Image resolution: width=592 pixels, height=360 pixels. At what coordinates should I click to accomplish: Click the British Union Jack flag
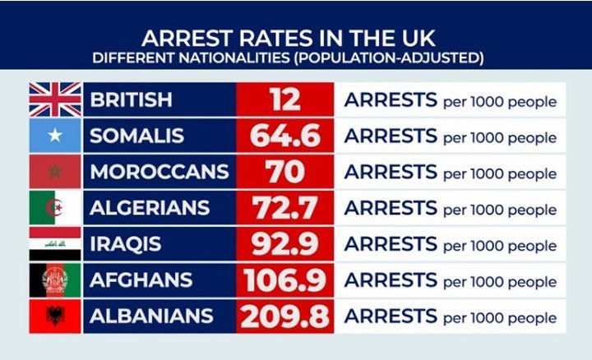55,99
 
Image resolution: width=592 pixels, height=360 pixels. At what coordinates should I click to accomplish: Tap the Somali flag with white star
55,136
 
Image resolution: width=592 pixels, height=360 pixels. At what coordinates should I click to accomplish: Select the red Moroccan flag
55,172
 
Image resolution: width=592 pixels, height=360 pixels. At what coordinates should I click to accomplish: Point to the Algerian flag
55,208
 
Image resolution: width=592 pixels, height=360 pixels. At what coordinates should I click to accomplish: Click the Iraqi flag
55,244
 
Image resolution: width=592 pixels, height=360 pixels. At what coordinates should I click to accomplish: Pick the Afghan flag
55,280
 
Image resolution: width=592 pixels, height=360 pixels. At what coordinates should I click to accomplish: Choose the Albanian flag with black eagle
55,316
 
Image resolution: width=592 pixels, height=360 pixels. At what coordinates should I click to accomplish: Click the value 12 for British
285,99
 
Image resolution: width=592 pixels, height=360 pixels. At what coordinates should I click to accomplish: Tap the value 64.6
285,136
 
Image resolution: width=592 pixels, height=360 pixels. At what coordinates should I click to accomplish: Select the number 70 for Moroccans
285,172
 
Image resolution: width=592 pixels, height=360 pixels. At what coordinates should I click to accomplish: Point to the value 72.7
285,208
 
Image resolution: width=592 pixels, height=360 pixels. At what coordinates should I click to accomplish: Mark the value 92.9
285,244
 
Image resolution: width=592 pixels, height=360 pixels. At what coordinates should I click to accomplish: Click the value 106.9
285,280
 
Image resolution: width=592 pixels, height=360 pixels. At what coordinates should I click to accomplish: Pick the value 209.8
285,316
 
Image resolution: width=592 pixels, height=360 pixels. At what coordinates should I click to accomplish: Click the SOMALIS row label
136,136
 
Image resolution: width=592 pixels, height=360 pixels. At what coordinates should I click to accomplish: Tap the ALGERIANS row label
149,208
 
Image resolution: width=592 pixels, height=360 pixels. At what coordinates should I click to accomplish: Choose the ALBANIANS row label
151,316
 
